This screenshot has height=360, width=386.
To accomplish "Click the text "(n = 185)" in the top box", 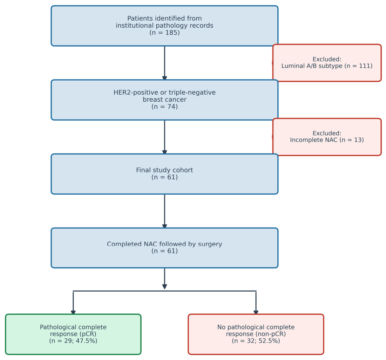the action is tap(164, 33).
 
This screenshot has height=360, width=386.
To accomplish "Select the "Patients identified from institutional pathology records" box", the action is tap(164, 26).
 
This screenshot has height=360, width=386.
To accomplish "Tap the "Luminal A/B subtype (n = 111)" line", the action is tap(327, 66).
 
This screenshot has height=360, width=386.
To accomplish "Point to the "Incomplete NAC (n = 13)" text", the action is tap(327, 140).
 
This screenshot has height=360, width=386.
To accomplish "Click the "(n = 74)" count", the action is tap(164, 107).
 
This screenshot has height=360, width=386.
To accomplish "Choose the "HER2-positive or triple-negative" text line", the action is tap(164, 93).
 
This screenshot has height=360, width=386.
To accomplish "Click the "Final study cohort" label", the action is tap(164, 170).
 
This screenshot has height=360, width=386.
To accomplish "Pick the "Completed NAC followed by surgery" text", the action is tap(164, 244).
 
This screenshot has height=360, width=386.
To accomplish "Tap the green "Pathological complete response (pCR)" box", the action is tap(73, 334).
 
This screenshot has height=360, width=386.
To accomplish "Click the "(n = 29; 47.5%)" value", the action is tap(73, 341).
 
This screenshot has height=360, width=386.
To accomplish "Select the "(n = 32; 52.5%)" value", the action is tap(256, 341).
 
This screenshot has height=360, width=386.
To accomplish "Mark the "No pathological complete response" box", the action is tap(256, 334).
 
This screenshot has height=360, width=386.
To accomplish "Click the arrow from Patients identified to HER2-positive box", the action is tap(164, 63).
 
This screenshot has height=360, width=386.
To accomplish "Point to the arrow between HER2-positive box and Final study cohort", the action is tap(164, 137).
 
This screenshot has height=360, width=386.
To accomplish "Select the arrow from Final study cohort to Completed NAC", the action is tap(164, 211).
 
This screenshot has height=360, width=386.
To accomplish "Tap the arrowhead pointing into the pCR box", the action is tap(73, 312).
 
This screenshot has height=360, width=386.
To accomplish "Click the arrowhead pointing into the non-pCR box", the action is tap(256, 312).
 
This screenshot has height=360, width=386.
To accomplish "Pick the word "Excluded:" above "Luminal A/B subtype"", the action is tap(327, 59).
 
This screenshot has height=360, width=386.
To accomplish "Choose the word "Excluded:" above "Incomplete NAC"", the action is tap(327, 133).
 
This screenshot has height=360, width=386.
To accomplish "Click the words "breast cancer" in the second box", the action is tap(164, 100).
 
